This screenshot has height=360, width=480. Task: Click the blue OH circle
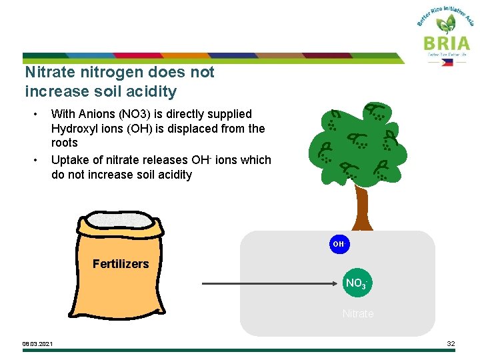(339, 244)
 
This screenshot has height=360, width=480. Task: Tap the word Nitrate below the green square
(358, 313)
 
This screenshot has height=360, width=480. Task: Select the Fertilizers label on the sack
(121, 264)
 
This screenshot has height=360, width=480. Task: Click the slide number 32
(451, 344)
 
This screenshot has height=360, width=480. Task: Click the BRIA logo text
(446, 43)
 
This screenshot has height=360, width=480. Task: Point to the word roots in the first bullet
(65, 143)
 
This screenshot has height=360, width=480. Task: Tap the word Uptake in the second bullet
(69, 160)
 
